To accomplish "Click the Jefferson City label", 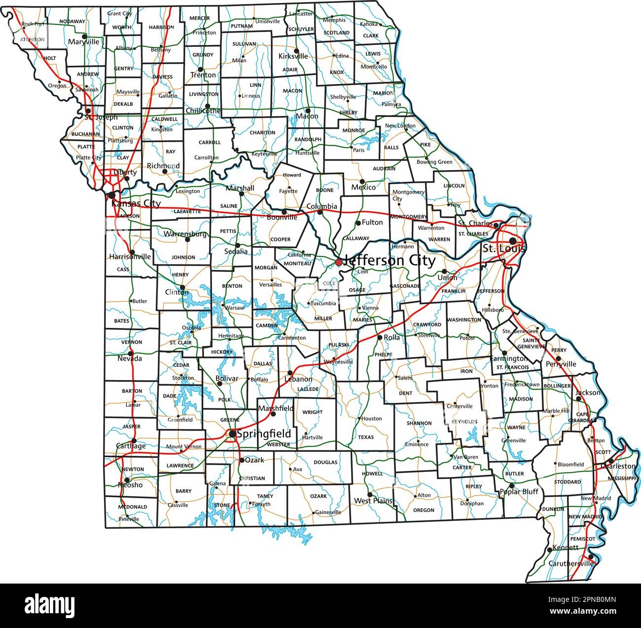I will pyautogui.click(x=390, y=260).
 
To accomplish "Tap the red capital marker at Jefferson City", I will pyautogui.click(x=339, y=262).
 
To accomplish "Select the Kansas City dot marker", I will pyautogui.click(x=112, y=195).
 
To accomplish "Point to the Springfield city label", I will pyautogui.click(x=264, y=434).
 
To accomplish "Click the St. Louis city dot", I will pyautogui.click(x=513, y=240).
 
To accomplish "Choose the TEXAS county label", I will pyautogui.click(x=366, y=437).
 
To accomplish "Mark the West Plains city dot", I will pyautogui.click(x=370, y=494).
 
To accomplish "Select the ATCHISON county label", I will pyautogui.click(x=33, y=39).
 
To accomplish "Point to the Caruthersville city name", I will pyautogui.click(x=571, y=563).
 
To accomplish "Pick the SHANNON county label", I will pyautogui.click(x=420, y=424).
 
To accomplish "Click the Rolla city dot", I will pyautogui.click(x=380, y=337).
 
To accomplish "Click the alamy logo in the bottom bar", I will pyautogui.click(x=49, y=604).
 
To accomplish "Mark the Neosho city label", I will pyautogui.click(x=130, y=485).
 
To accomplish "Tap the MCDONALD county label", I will pyautogui.click(x=133, y=507).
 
